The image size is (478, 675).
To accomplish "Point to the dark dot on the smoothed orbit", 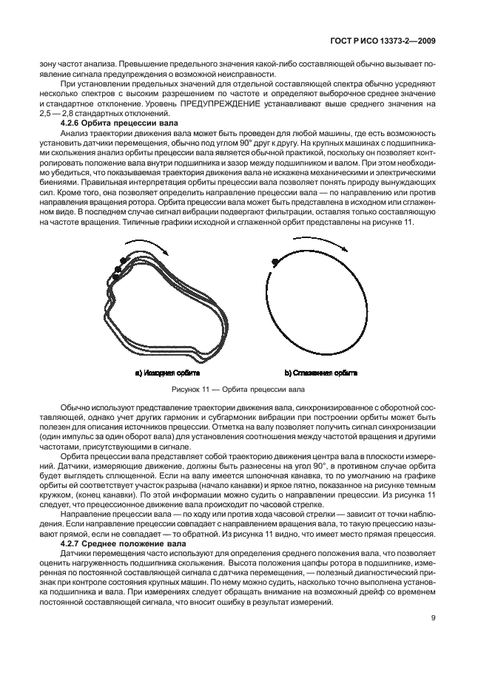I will (275, 261).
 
